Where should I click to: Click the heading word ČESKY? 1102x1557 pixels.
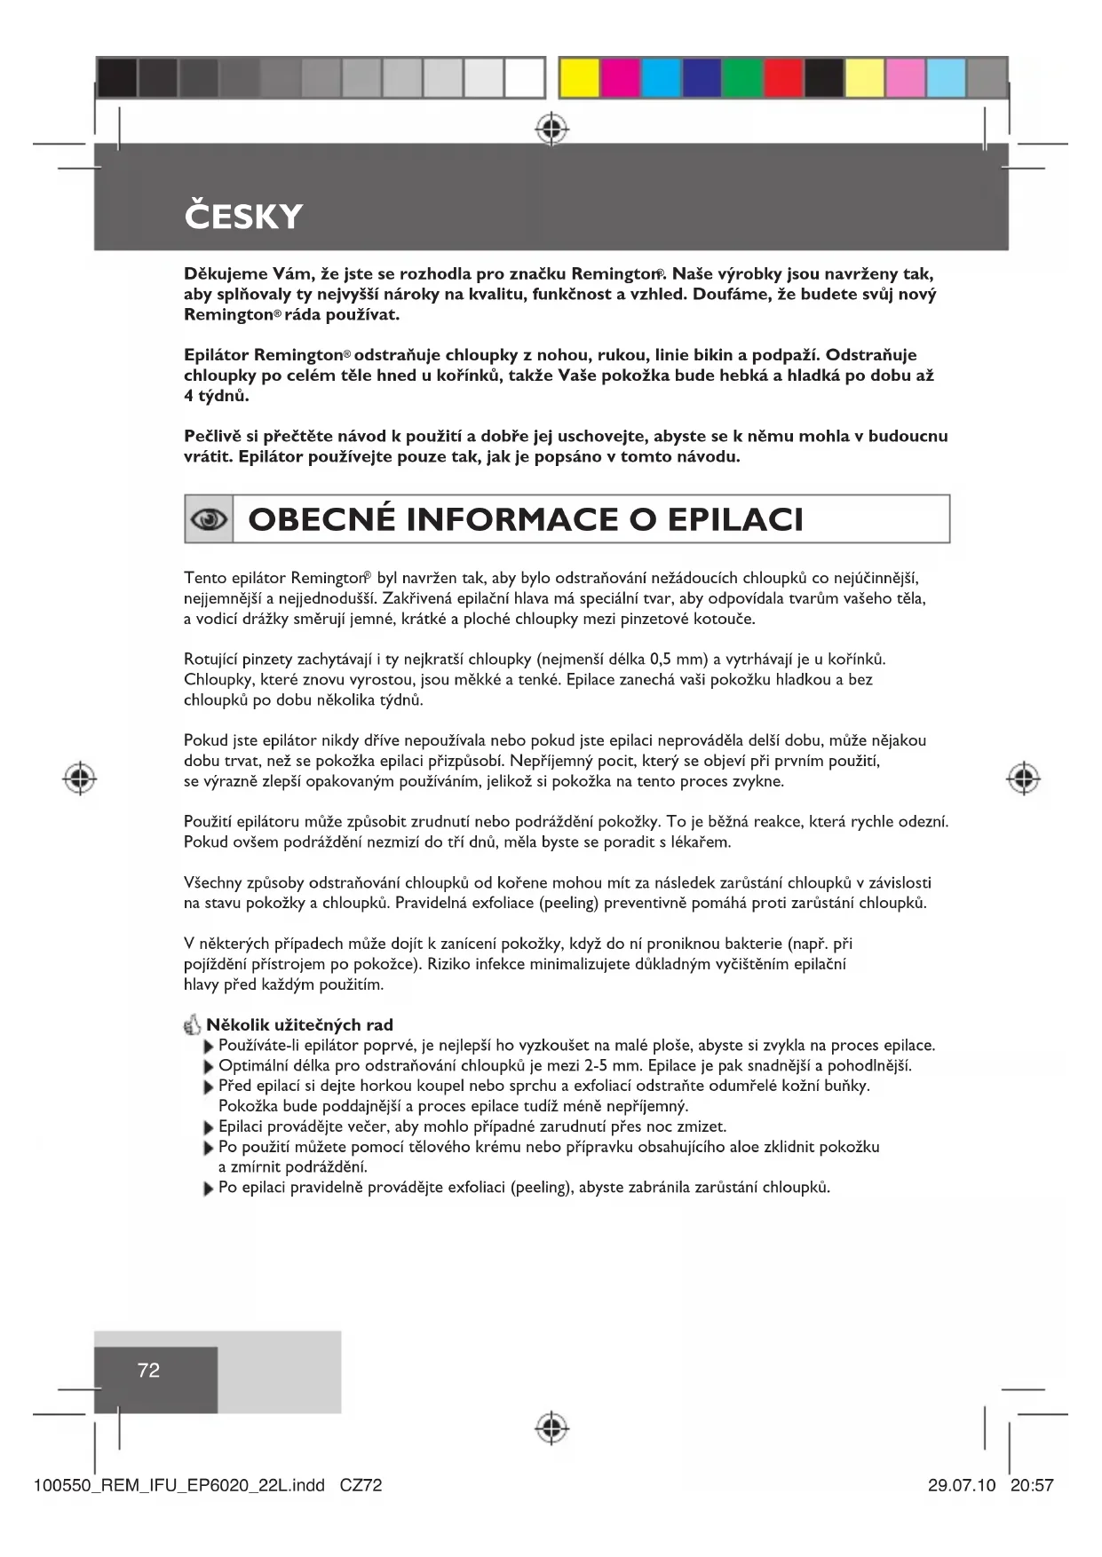243,217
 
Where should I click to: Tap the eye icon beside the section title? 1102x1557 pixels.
209,519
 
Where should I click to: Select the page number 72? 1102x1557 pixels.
148,1370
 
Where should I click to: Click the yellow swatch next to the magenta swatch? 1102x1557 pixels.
579,78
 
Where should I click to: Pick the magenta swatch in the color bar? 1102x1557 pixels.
620,78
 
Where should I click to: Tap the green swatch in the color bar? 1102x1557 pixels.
742,78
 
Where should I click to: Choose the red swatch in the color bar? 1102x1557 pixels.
783,78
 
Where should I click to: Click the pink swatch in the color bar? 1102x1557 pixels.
905,78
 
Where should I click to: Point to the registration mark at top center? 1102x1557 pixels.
551,129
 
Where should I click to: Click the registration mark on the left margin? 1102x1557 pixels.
80,778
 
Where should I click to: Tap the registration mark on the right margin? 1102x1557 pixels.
1023,778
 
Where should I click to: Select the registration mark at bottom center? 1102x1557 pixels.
551,1428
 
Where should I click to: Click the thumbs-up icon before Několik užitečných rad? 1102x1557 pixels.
193,1025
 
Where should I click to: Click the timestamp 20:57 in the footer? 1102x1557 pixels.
1031,1485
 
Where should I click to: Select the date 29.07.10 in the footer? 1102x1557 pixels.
962,1485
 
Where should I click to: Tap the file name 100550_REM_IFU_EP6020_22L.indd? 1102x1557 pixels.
178,1485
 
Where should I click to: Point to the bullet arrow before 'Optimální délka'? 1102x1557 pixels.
210,1067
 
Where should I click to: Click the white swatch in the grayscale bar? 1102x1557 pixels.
525,78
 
